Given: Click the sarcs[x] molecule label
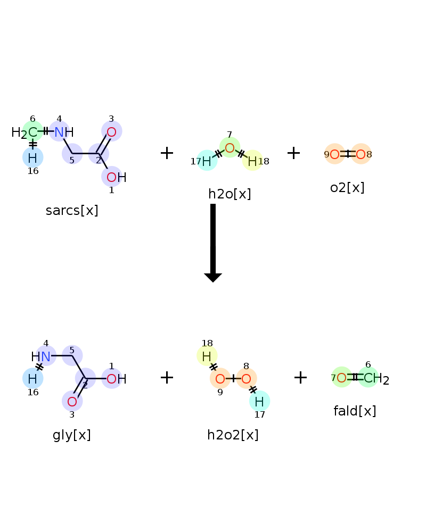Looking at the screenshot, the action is coord(72,210).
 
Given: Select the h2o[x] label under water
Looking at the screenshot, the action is coord(230,194).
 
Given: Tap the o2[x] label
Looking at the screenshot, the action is coord(347,187).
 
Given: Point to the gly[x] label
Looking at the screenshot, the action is coord(72,435).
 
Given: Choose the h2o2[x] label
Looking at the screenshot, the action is coord(233,435).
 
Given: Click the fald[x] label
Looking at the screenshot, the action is coord(355,411).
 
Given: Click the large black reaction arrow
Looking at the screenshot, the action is coord(213,243).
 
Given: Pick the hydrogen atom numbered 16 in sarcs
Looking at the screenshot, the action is coord(32,158).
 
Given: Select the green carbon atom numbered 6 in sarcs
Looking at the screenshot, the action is coord(32,131).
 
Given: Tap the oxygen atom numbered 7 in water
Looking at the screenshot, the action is coord(230,148).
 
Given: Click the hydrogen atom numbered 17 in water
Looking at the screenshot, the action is coord(207,161).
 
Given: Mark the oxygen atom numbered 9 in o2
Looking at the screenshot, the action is coord(334,154).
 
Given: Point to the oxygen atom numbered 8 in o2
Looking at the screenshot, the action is coord(361,154).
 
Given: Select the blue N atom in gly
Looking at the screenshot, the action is coord(46,356).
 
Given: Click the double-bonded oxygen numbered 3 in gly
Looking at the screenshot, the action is coord(72,401).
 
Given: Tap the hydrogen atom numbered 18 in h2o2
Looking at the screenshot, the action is coord(207,356).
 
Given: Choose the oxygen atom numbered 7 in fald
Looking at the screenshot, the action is coord(341,377).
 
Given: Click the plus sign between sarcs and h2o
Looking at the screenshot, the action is coord(167,153).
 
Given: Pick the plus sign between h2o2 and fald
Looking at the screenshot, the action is coord(300,377).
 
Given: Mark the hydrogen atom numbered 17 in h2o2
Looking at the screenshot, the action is coord(259,401).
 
